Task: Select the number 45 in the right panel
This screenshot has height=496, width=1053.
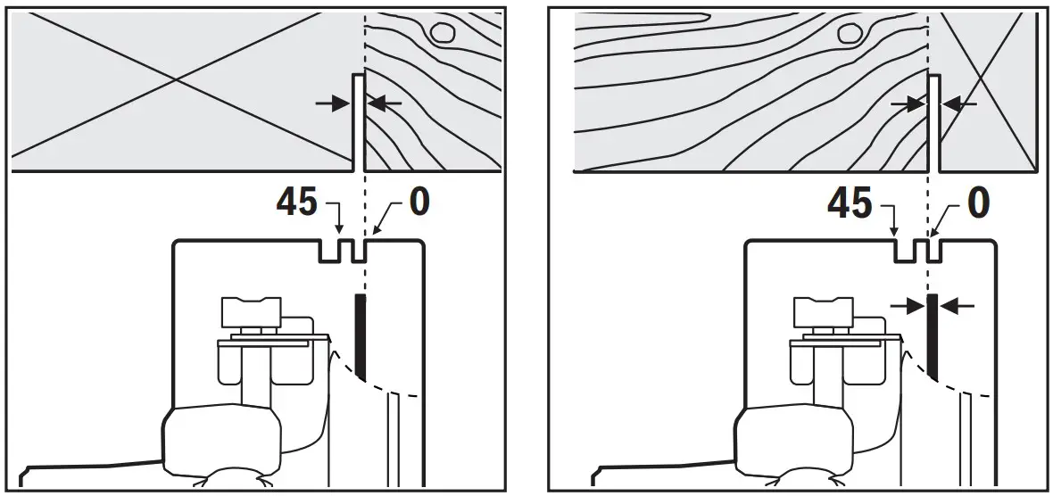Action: (x=850, y=204)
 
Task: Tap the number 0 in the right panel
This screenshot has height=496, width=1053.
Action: (x=978, y=204)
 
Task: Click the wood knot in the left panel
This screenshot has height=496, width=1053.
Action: (x=441, y=33)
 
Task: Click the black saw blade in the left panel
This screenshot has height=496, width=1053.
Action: (x=361, y=335)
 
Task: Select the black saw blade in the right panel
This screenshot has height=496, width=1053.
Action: (x=933, y=335)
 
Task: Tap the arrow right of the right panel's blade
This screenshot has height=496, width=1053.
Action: (x=958, y=305)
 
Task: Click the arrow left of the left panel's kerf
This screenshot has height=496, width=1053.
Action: (x=332, y=103)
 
